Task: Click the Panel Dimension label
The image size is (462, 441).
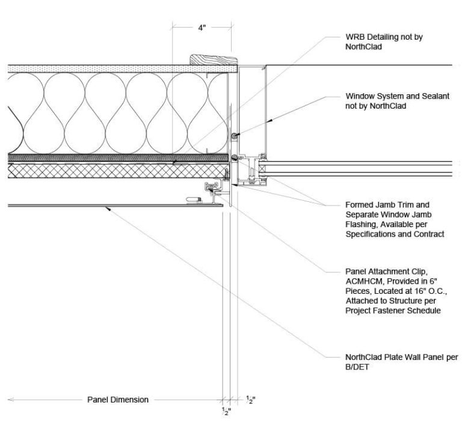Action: (x=117, y=400)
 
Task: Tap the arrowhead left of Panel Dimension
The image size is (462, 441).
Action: (x=11, y=400)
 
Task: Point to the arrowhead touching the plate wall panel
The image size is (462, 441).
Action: (x=106, y=208)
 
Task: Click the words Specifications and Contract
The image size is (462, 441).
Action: (x=395, y=234)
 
